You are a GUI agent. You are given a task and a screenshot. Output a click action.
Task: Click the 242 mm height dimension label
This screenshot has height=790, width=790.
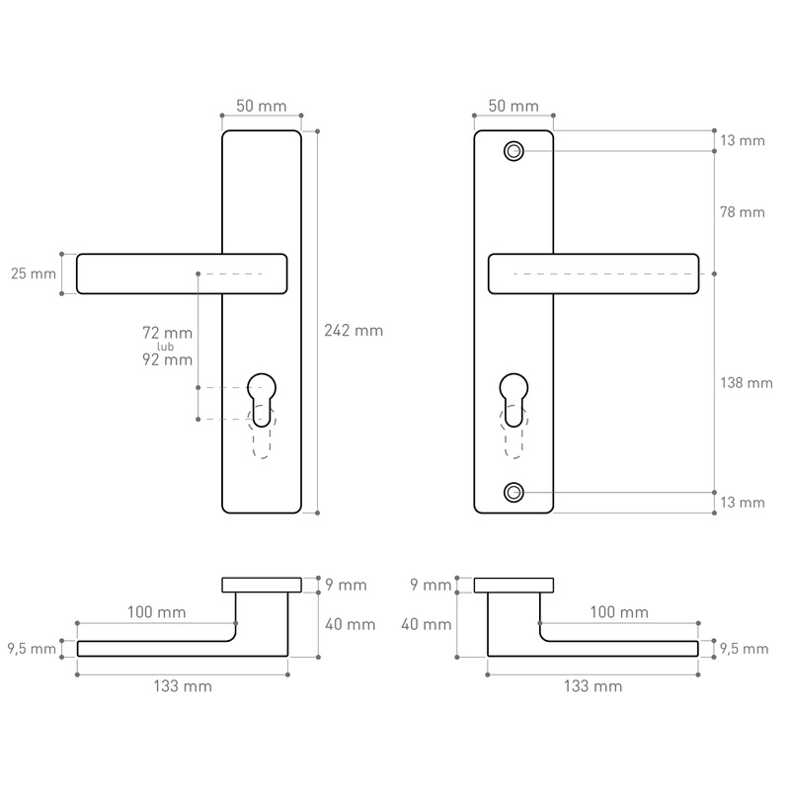354,331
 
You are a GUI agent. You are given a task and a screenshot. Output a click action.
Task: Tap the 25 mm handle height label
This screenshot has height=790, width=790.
34,274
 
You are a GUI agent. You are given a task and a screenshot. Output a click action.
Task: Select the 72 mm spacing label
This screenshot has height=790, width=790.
167,333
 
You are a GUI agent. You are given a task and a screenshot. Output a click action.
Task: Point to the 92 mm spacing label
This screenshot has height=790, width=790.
167,359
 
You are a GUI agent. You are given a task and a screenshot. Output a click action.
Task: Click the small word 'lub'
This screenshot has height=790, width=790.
165,347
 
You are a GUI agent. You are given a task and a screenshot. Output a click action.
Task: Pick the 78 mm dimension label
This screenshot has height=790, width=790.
743,212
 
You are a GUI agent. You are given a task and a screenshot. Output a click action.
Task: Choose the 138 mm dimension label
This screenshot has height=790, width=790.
747,383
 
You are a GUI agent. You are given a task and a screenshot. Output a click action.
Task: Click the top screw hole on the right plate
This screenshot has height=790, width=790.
513,151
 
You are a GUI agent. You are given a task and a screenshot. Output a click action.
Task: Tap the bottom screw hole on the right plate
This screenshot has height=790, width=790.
513,492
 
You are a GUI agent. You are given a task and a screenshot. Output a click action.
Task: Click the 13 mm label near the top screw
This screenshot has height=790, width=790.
743,140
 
